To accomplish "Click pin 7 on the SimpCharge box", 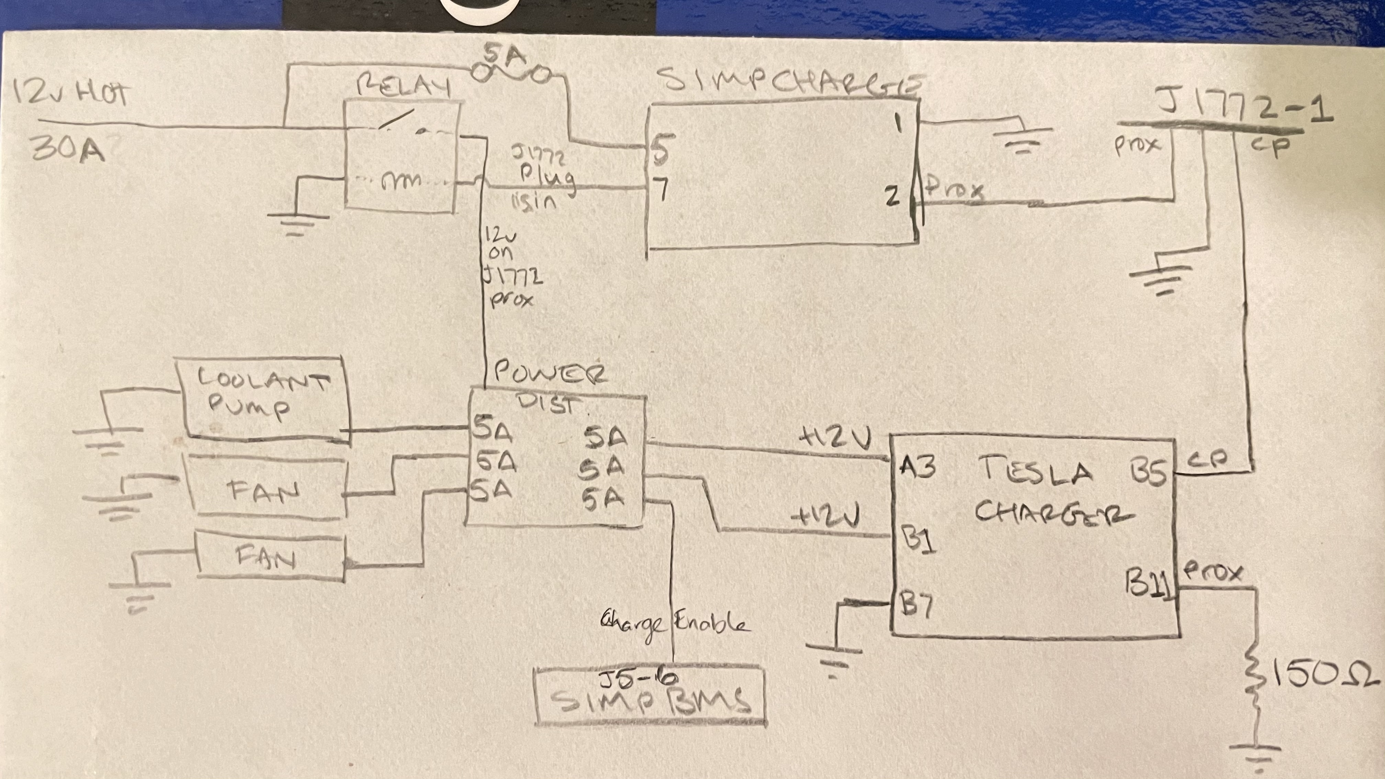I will [x=661, y=188].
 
